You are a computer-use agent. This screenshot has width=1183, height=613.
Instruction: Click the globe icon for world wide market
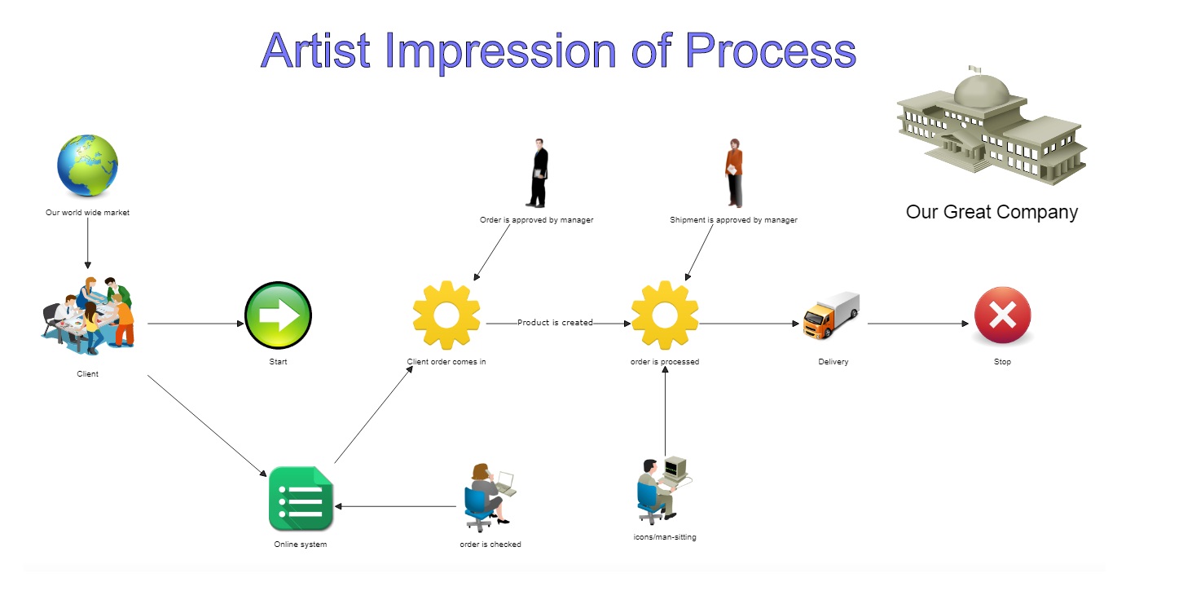[87, 166]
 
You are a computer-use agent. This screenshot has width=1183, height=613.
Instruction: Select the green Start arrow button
[278, 316]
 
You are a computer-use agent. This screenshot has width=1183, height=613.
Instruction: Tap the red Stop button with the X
[1002, 316]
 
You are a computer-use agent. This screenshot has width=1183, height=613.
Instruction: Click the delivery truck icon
[831, 315]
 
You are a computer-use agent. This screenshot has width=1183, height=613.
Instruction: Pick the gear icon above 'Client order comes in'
[446, 315]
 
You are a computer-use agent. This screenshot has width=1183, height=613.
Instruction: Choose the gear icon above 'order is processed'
[665, 315]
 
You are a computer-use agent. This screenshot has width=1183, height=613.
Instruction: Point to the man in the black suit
[537, 174]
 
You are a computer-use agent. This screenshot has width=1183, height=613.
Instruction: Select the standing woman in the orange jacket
[734, 174]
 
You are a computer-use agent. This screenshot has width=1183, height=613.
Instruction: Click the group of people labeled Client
[88, 316]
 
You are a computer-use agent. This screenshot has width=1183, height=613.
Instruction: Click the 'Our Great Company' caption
[992, 213]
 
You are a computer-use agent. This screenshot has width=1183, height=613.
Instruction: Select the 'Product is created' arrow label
[555, 323]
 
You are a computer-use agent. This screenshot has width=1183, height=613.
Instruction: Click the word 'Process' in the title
[770, 51]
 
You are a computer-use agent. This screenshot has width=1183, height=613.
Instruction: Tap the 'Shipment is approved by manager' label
[733, 220]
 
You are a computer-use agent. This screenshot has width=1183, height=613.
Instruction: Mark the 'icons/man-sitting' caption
[665, 537]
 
